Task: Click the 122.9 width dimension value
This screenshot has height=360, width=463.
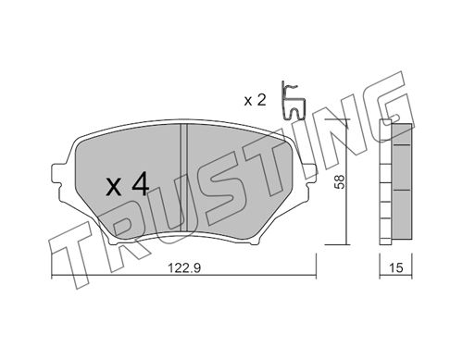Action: [184, 268]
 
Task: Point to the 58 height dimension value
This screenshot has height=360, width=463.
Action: [339, 182]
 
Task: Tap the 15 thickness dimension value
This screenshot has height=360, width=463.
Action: [396, 267]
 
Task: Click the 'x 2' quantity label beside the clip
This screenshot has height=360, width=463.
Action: [255, 100]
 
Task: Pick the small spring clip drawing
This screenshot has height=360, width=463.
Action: [293, 101]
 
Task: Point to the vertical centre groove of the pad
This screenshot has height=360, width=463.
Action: [184, 178]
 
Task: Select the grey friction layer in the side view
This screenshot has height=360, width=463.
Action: [402, 181]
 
